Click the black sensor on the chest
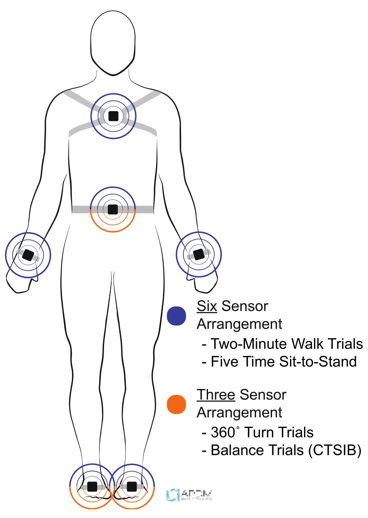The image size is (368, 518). [114, 116]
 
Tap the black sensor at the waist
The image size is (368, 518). [113, 209]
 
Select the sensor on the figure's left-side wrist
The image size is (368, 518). [28, 255]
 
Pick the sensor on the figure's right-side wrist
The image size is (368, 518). [198, 254]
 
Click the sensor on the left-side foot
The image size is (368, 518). [92, 486]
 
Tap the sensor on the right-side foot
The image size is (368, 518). [132, 486]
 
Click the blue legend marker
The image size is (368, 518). [177, 316]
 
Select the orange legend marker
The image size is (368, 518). [177, 404]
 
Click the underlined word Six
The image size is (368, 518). [207, 306]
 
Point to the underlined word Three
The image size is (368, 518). [216, 395]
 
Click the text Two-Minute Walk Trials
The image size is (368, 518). [287, 344]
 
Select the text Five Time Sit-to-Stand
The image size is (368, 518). [283, 362]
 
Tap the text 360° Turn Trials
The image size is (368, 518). [262, 432]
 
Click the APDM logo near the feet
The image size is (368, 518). [189, 495]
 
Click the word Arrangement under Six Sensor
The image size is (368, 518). [239, 324]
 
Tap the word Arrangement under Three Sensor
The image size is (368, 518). [239, 413]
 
